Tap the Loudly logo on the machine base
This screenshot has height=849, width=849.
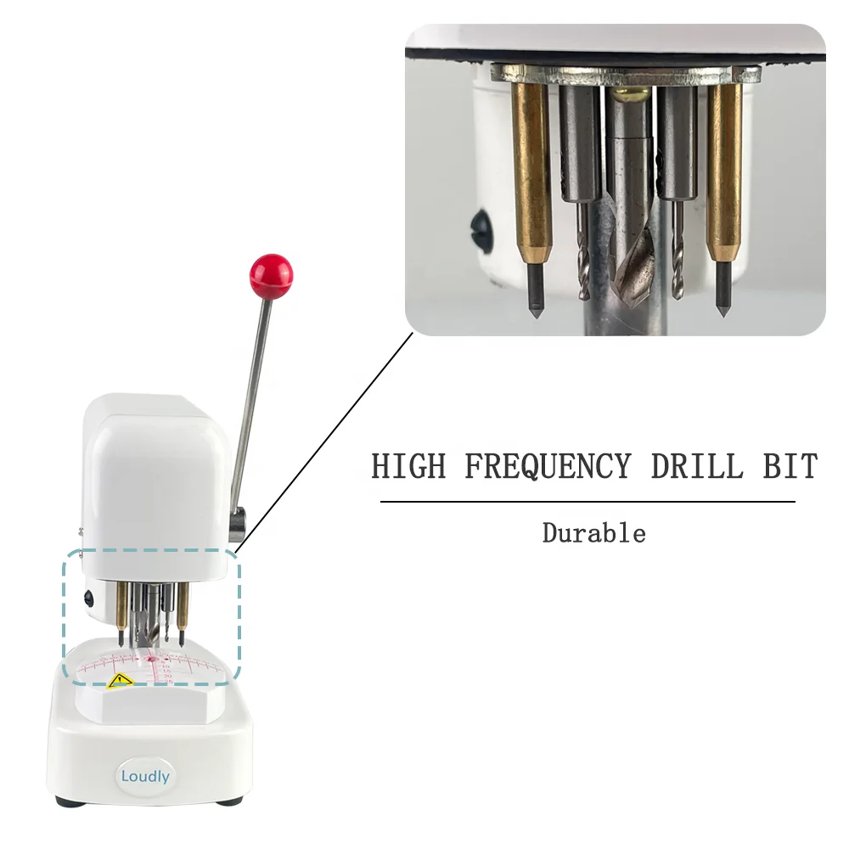pos(145,777)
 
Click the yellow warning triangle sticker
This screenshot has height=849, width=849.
pos(121,680)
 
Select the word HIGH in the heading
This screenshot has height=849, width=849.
pos(408,466)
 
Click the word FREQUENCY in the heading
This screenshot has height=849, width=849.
pos(548,467)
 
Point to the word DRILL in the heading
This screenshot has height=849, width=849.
pos(697,466)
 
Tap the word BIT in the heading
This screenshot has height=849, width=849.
pos(790,466)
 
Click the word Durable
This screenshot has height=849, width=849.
pos(594,533)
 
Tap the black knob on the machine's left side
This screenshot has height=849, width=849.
pos(87,599)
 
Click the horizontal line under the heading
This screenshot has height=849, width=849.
pos(588,502)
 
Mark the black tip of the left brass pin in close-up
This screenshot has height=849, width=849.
pos(535,290)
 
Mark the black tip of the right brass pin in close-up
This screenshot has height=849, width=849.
pos(724,290)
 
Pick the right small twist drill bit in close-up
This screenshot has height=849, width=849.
pos(678,249)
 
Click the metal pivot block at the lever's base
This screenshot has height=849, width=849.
pos(237,525)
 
